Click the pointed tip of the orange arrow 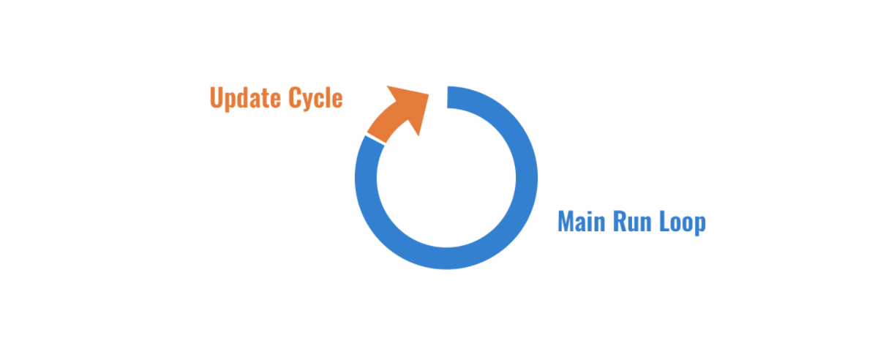(429, 91)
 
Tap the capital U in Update (216, 98)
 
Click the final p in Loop (700, 223)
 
